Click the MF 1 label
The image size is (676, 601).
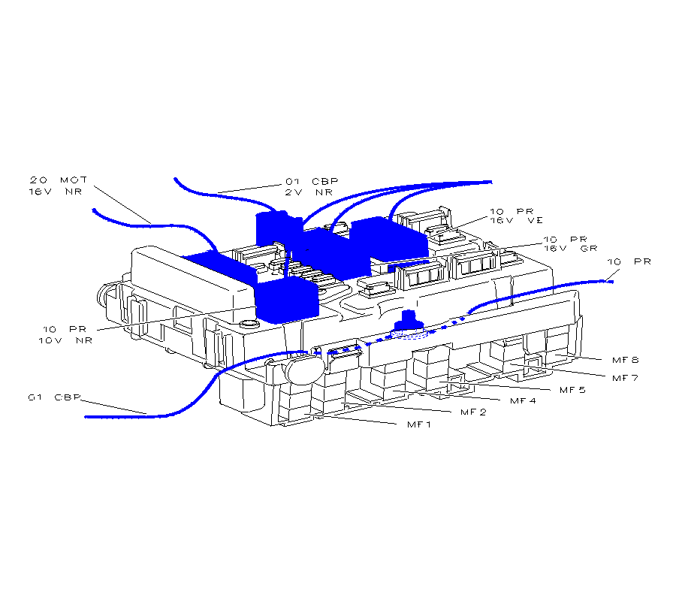pos(418,424)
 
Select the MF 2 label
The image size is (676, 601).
pos(473,412)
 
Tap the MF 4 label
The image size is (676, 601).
pos(523,401)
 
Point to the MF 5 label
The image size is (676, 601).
pos(572,390)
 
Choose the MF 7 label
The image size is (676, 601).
pos(625,378)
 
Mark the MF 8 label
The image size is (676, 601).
pos(625,360)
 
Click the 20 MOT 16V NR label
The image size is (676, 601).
pos(58,186)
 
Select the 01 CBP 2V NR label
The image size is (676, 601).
pos(311,186)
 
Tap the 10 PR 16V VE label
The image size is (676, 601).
pos(516,216)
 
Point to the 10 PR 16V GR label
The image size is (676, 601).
pos(570,244)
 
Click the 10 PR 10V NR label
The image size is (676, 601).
pos(65,335)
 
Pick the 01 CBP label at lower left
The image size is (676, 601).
pos(54,397)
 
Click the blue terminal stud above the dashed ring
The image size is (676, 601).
pos(408,320)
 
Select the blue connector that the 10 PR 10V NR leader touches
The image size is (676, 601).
pos(287,300)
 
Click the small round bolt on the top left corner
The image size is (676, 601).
pos(248,324)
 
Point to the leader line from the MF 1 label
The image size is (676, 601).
pos(350,418)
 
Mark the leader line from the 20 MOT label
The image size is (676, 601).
pos(122,205)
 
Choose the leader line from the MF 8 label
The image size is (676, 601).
pos(578,357)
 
